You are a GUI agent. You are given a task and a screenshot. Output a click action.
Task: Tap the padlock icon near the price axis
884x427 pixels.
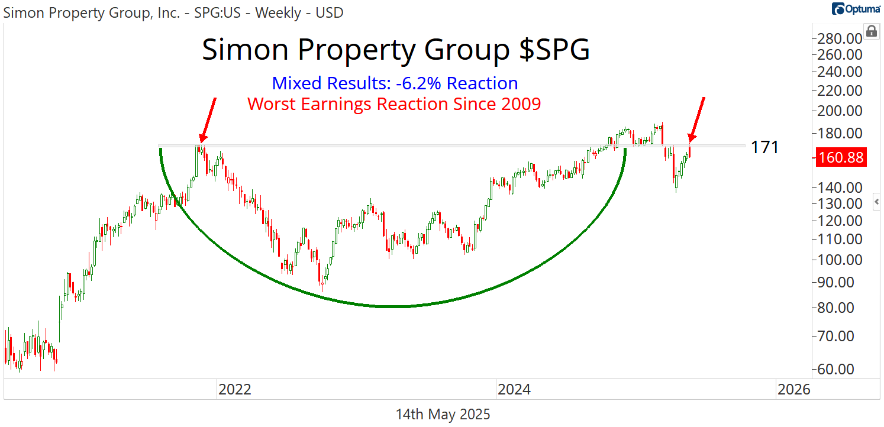(871, 31)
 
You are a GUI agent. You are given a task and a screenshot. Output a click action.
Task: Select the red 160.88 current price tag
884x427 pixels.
(841, 158)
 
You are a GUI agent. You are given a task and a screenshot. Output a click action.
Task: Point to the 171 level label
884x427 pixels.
(764, 147)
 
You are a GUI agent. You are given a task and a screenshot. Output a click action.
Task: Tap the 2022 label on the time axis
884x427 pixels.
(235, 390)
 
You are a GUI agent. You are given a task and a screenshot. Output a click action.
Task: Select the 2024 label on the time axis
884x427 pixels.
(514, 390)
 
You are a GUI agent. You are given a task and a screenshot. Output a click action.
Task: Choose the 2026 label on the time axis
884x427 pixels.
(793, 390)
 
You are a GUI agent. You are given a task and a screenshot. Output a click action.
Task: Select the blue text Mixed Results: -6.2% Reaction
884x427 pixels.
(395, 83)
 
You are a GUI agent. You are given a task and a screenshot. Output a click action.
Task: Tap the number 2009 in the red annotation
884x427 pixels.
(520, 103)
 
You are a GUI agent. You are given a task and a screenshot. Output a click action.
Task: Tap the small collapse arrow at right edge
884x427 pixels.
(877, 203)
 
